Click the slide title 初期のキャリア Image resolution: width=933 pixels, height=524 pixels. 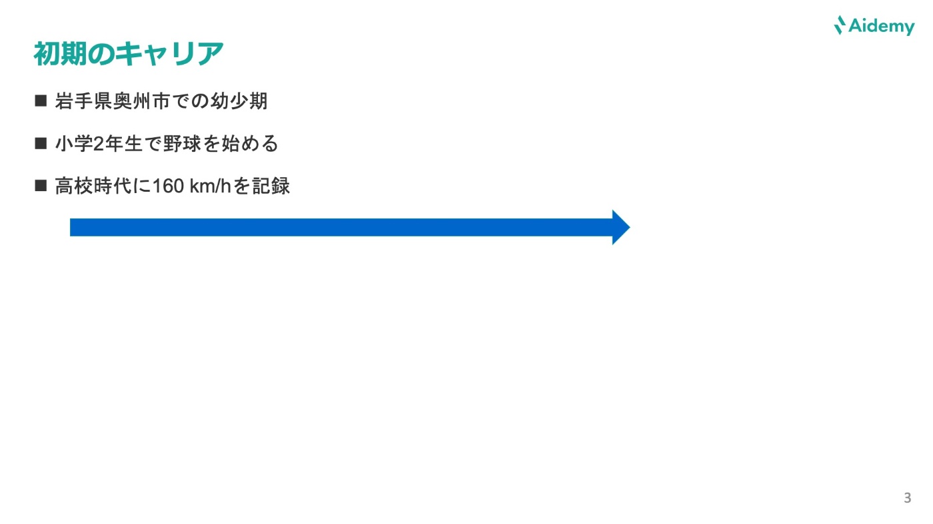[x=128, y=55]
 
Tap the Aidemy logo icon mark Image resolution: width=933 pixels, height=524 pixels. [x=840, y=25]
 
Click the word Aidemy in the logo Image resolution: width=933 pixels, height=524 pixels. [x=882, y=27]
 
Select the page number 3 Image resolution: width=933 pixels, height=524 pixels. [x=907, y=498]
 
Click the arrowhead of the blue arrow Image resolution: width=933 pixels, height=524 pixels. [x=620, y=228]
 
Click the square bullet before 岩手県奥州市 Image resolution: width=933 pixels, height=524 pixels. [x=41, y=101]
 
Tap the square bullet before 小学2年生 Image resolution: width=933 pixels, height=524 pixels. [x=41, y=143]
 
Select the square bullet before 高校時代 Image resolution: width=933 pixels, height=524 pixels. [x=41, y=185]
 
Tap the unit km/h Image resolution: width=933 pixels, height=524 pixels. [x=210, y=186]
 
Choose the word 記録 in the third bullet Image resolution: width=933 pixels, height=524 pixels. [x=270, y=186]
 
